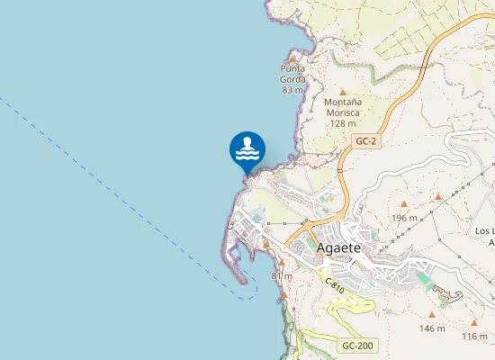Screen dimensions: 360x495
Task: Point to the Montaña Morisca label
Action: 342,107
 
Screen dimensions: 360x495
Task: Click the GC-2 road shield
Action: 365,141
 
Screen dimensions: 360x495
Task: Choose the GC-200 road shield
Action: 357,346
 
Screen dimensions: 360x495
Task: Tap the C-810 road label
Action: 334,286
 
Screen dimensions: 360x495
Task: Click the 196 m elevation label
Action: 405,219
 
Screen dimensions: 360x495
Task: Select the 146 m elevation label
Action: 432,328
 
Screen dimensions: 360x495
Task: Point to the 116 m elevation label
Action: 474,337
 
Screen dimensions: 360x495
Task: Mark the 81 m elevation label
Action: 282,275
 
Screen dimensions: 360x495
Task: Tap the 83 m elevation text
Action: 292,90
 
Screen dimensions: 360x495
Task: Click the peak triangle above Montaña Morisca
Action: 342,91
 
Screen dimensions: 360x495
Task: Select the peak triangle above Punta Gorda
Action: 293,58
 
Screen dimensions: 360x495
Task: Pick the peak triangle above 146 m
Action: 432,316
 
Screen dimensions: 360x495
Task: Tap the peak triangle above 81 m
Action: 281,263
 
